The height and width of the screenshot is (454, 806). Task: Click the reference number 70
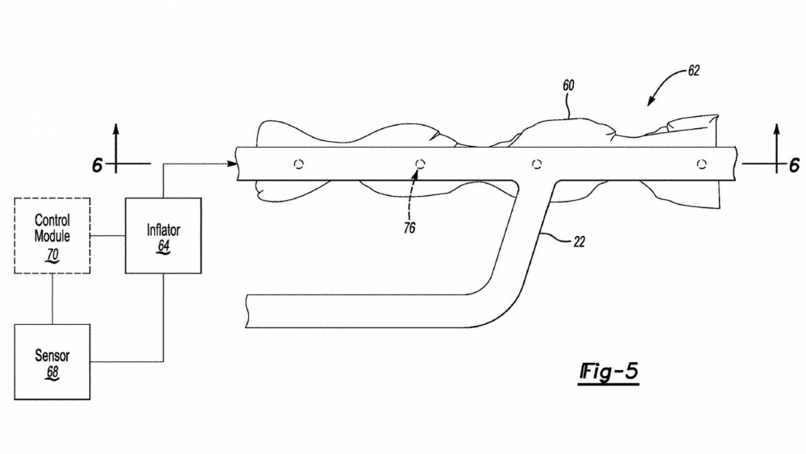pos(52,255)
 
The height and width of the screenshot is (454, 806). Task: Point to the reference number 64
pos(164,246)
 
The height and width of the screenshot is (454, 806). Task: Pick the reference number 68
pos(52,373)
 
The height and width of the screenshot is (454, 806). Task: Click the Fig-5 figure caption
pos(609,371)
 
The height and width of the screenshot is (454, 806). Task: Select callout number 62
pos(693,71)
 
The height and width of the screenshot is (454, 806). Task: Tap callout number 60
pos(568,85)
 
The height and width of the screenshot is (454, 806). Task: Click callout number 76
pos(409,227)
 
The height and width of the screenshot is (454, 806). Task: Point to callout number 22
pos(579,242)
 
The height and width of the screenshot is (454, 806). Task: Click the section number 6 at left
pos(98,165)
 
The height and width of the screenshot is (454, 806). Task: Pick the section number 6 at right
pos(794,165)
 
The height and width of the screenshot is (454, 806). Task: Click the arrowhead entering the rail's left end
pos(232,164)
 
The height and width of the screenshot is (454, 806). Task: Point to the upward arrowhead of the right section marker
pos(777,130)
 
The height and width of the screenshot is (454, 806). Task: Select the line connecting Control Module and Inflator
pos(108,235)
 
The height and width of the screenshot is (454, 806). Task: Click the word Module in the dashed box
pos(52,236)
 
